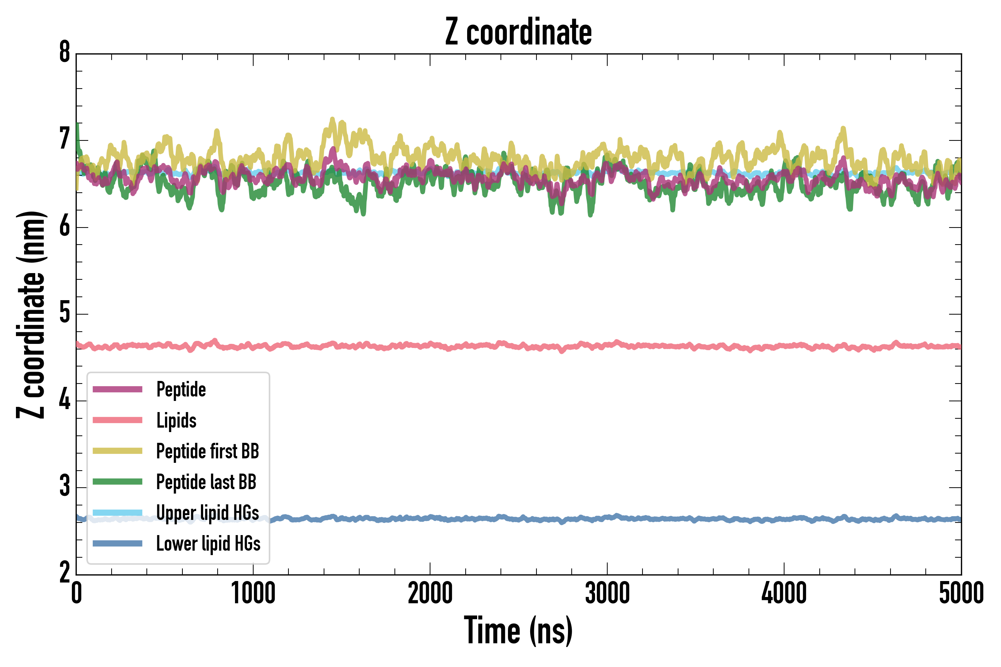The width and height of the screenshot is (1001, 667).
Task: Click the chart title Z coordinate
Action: (x=518, y=32)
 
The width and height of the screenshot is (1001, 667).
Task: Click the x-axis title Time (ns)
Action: (x=518, y=630)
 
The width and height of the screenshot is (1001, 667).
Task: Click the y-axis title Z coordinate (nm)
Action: (x=31, y=315)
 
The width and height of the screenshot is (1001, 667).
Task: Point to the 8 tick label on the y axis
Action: (x=65, y=53)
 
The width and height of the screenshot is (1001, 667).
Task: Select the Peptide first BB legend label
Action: (x=208, y=451)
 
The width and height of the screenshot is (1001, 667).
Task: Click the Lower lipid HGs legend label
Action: (x=208, y=544)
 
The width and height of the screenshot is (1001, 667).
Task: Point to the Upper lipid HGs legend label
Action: (x=208, y=512)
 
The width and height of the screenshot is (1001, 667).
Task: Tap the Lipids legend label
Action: (x=176, y=420)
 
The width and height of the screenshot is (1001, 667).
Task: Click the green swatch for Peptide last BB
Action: (x=118, y=481)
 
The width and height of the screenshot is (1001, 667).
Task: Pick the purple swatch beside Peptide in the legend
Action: (x=118, y=389)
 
